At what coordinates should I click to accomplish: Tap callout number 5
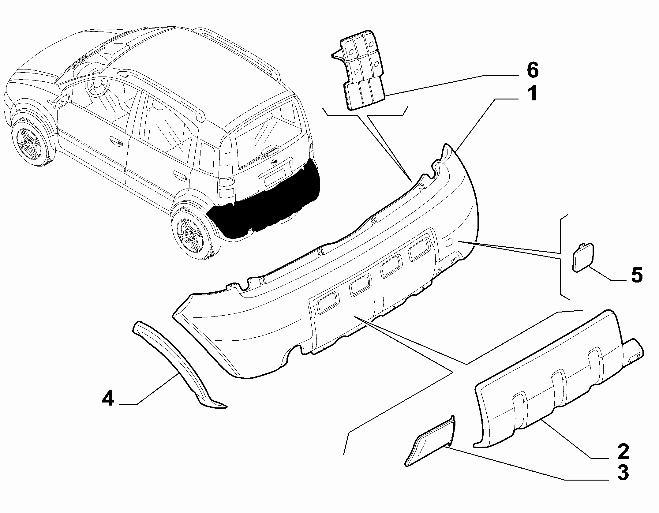[x=637, y=275]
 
